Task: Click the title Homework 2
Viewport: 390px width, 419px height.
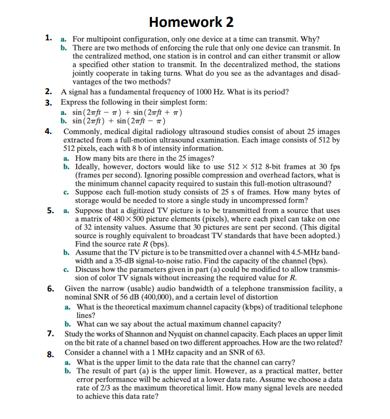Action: click(x=191, y=21)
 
